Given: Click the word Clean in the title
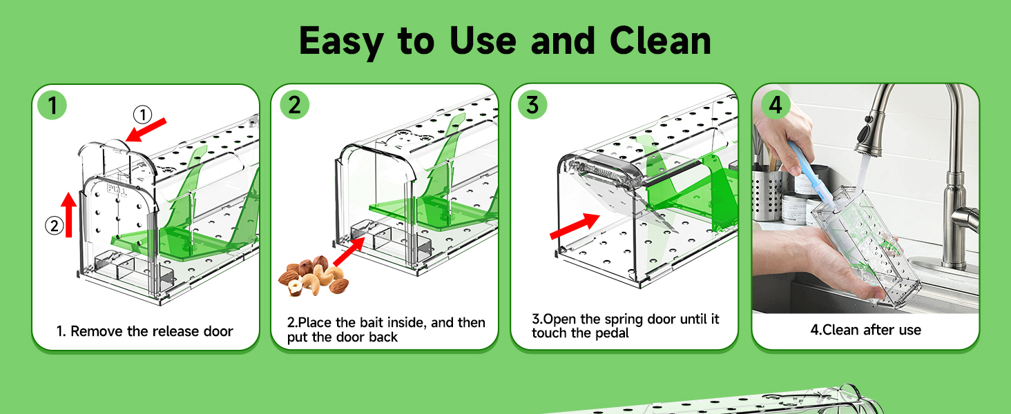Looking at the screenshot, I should coord(659,41).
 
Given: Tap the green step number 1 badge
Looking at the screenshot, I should coord(52,105).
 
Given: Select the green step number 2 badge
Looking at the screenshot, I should coord(294,105).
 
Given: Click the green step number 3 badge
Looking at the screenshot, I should coord(532,105).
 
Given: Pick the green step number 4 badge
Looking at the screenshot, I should coord(776,105).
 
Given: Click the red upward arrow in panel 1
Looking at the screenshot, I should coord(68,215).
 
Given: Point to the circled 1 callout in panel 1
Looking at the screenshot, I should coord(142,114).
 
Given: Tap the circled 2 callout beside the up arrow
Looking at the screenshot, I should coord(54,226).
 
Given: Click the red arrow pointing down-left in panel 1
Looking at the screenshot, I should coord(151,129).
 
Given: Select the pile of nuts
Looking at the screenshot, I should coord(314,275).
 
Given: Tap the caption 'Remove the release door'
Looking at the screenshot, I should coord(151,331).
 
